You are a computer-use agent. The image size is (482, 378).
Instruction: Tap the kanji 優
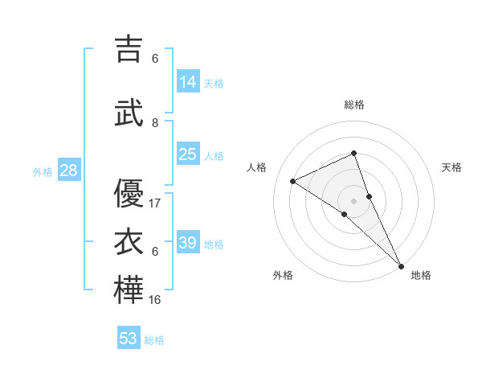(x=129, y=193)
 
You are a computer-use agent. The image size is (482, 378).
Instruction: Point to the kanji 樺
(x=129, y=290)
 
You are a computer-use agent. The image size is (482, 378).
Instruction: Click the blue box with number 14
(x=188, y=82)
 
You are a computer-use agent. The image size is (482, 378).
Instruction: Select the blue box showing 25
(x=188, y=154)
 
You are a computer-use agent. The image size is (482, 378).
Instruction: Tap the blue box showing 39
(x=188, y=243)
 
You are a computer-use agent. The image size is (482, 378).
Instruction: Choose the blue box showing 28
(x=67, y=171)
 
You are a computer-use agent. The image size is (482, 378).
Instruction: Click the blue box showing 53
(x=129, y=338)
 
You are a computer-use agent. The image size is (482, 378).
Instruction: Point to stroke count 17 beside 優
(x=155, y=203)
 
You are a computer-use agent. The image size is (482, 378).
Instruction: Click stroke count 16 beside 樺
(x=155, y=300)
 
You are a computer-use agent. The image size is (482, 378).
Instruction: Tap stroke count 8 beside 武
(x=155, y=122)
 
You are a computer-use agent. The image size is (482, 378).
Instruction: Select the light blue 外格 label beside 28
(x=43, y=171)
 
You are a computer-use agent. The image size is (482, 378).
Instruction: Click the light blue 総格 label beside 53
(x=154, y=339)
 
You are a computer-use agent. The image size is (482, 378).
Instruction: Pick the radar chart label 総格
(x=353, y=105)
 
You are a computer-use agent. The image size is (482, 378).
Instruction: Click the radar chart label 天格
(x=451, y=167)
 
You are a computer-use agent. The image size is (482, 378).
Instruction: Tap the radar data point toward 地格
(x=401, y=265)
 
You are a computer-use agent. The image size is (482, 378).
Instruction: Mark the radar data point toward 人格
(x=293, y=182)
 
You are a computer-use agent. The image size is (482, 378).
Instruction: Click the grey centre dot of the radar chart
(x=353, y=200)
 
